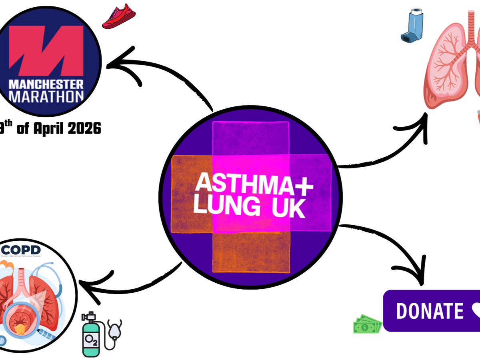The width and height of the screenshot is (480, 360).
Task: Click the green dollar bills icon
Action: click(367, 324)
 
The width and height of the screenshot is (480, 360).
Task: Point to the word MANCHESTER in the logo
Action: click(46, 84)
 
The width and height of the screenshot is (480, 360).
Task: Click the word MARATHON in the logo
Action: click(46, 96)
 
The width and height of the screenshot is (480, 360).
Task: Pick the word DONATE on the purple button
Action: click(430, 311)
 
